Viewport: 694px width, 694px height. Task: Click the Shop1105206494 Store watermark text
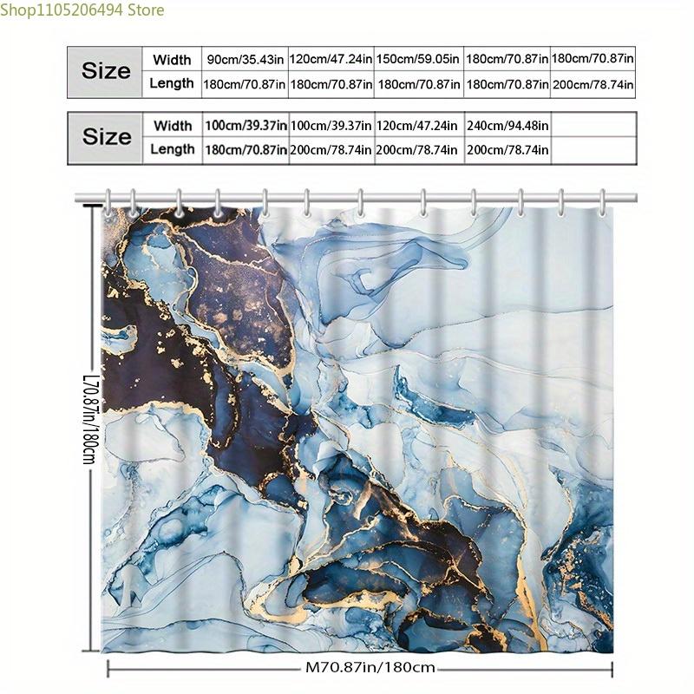pyautogui.click(x=82, y=10)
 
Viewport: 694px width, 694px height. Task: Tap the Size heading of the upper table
pyautogui.click(x=106, y=71)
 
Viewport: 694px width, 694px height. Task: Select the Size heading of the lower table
pyautogui.click(x=106, y=137)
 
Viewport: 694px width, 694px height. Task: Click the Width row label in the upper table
pyautogui.click(x=172, y=60)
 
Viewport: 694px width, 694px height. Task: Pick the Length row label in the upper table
pyautogui.click(x=172, y=84)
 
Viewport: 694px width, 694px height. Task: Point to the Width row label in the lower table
pyautogui.click(x=172, y=126)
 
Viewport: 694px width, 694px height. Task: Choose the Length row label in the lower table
pyautogui.click(x=172, y=149)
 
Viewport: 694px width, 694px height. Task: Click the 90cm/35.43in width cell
pyautogui.click(x=245, y=60)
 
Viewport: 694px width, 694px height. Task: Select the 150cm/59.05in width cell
pyautogui.click(x=418, y=60)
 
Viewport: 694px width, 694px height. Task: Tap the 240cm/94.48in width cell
pyautogui.click(x=507, y=126)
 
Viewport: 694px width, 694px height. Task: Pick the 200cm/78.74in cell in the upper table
pyautogui.click(x=593, y=84)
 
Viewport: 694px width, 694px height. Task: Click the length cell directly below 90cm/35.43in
pyautogui.click(x=245, y=84)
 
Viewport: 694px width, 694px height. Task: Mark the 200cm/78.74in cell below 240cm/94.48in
pyautogui.click(x=507, y=149)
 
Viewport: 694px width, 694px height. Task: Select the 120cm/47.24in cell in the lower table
pyautogui.click(x=418, y=126)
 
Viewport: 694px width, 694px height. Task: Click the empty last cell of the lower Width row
pyautogui.click(x=593, y=126)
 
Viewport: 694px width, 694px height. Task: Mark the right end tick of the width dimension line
pyautogui.click(x=612, y=669)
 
